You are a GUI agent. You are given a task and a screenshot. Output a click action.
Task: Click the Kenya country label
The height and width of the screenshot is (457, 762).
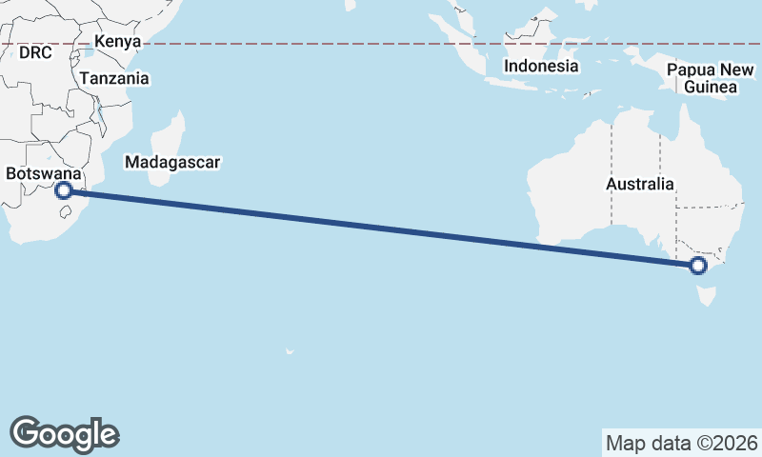(118, 42)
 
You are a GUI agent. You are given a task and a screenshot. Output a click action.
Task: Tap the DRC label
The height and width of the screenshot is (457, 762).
(34, 53)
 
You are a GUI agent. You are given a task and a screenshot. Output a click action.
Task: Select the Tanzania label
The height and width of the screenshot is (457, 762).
(114, 79)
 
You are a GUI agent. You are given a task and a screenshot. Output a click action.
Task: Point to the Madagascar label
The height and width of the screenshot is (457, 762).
(172, 163)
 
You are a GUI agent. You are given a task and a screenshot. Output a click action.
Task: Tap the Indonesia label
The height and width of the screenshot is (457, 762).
(541, 67)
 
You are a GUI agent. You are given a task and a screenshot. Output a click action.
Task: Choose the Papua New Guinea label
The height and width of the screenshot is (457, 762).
(710, 78)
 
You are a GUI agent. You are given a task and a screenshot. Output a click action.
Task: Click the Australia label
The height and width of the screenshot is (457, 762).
(640, 184)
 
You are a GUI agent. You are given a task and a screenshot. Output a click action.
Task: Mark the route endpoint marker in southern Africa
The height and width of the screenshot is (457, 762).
(65, 190)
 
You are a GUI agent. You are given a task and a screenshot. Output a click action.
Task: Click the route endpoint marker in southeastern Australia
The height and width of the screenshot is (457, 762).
(699, 267)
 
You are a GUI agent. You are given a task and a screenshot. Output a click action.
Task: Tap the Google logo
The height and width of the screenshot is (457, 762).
(64, 433)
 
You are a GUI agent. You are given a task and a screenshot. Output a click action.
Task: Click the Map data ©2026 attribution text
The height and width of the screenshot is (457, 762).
(682, 443)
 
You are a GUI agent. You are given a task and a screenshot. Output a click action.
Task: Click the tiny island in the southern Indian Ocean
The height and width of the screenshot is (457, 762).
(289, 352)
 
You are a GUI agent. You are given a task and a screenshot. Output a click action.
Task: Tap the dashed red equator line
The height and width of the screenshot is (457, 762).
(381, 44)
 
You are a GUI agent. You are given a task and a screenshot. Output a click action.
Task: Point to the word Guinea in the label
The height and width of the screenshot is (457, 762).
(710, 88)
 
